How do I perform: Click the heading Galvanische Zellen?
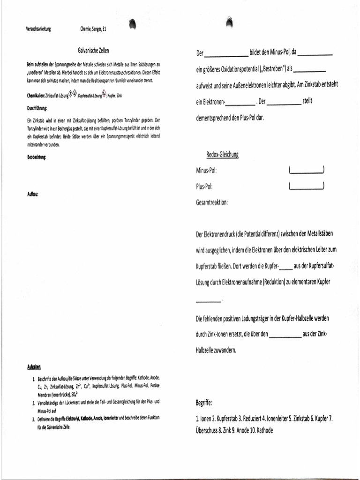click(93, 50)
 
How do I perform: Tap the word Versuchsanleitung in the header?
click(38, 29)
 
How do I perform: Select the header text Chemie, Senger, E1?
click(94, 29)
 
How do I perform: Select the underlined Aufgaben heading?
click(34, 367)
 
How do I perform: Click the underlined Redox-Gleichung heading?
click(223, 155)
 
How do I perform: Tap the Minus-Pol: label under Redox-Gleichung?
click(206, 170)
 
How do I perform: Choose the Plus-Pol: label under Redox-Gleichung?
click(204, 186)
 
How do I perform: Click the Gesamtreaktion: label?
click(212, 202)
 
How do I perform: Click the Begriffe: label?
click(204, 403)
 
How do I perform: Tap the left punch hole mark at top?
click(132, 24)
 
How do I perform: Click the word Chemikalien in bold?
click(35, 95)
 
